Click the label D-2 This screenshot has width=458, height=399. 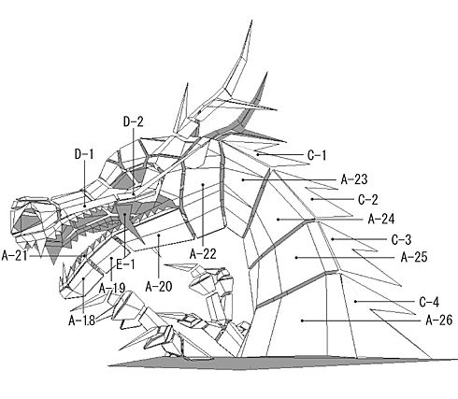pyautogui.click(x=134, y=121)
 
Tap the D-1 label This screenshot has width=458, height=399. pyautogui.click(x=84, y=154)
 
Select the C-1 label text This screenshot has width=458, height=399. pyautogui.click(x=317, y=155)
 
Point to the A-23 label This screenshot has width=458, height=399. pyautogui.click(x=354, y=179)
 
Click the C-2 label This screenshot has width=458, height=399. pyautogui.click(x=368, y=200)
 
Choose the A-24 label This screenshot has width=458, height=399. pyautogui.click(x=381, y=219)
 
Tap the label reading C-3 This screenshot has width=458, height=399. pyautogui.click(x=401, y=240)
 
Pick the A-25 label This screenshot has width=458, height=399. pyautogui.click(x=414, y=257)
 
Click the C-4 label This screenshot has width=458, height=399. pyautogui.click(x=429, y=302)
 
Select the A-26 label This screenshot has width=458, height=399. pyautogui.click(x=439, y=320)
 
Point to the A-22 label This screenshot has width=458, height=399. pyautogui.click(x=203, y=254)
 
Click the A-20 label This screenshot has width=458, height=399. pyautogui.click(x=159, y=286)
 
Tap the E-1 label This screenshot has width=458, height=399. pyautogui.click(x=125, y=264)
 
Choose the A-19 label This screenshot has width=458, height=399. pyautogui.click(x=112, y=289)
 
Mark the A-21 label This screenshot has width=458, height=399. pyautogui.click(x=15, y=256)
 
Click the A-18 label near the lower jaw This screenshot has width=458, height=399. pyautogui.click(x=81, y=321)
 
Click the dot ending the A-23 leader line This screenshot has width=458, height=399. pyautogui.click(x=243, y=179)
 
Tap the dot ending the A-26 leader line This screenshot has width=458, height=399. pyautogui.click(x=302, y=321)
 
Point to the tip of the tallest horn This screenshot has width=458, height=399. pyautogui.click(x=251, y=21)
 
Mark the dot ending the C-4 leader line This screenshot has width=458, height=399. pyautogui.click(x=355, y=301)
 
